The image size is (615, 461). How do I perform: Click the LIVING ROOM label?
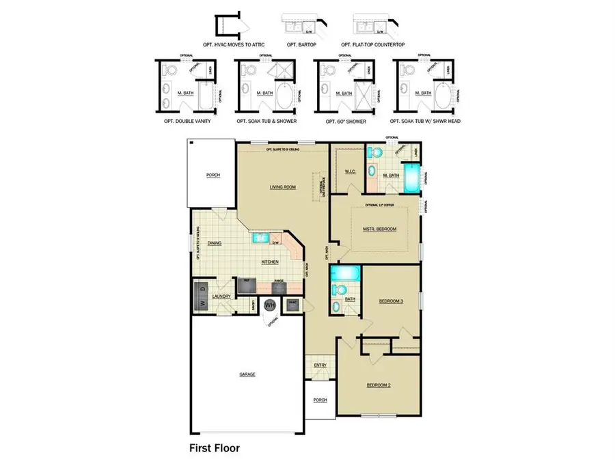[282, 186]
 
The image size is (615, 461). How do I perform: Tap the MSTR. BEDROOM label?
[380, 229]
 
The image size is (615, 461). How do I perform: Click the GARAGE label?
[247, 374]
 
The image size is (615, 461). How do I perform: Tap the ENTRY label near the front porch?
[320, 365]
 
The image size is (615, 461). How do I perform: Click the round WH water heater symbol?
[270, 305]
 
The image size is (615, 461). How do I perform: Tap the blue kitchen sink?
[260, 238]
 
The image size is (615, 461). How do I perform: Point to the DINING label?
[215, 243]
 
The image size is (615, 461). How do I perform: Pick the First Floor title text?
[214, 449]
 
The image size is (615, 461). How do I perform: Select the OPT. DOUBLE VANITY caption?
[187, 120]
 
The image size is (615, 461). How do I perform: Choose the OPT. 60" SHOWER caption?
[342, 121]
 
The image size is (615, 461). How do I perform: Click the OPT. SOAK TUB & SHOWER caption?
[266, 120]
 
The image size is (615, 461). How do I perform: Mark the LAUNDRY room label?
[221, 296]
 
